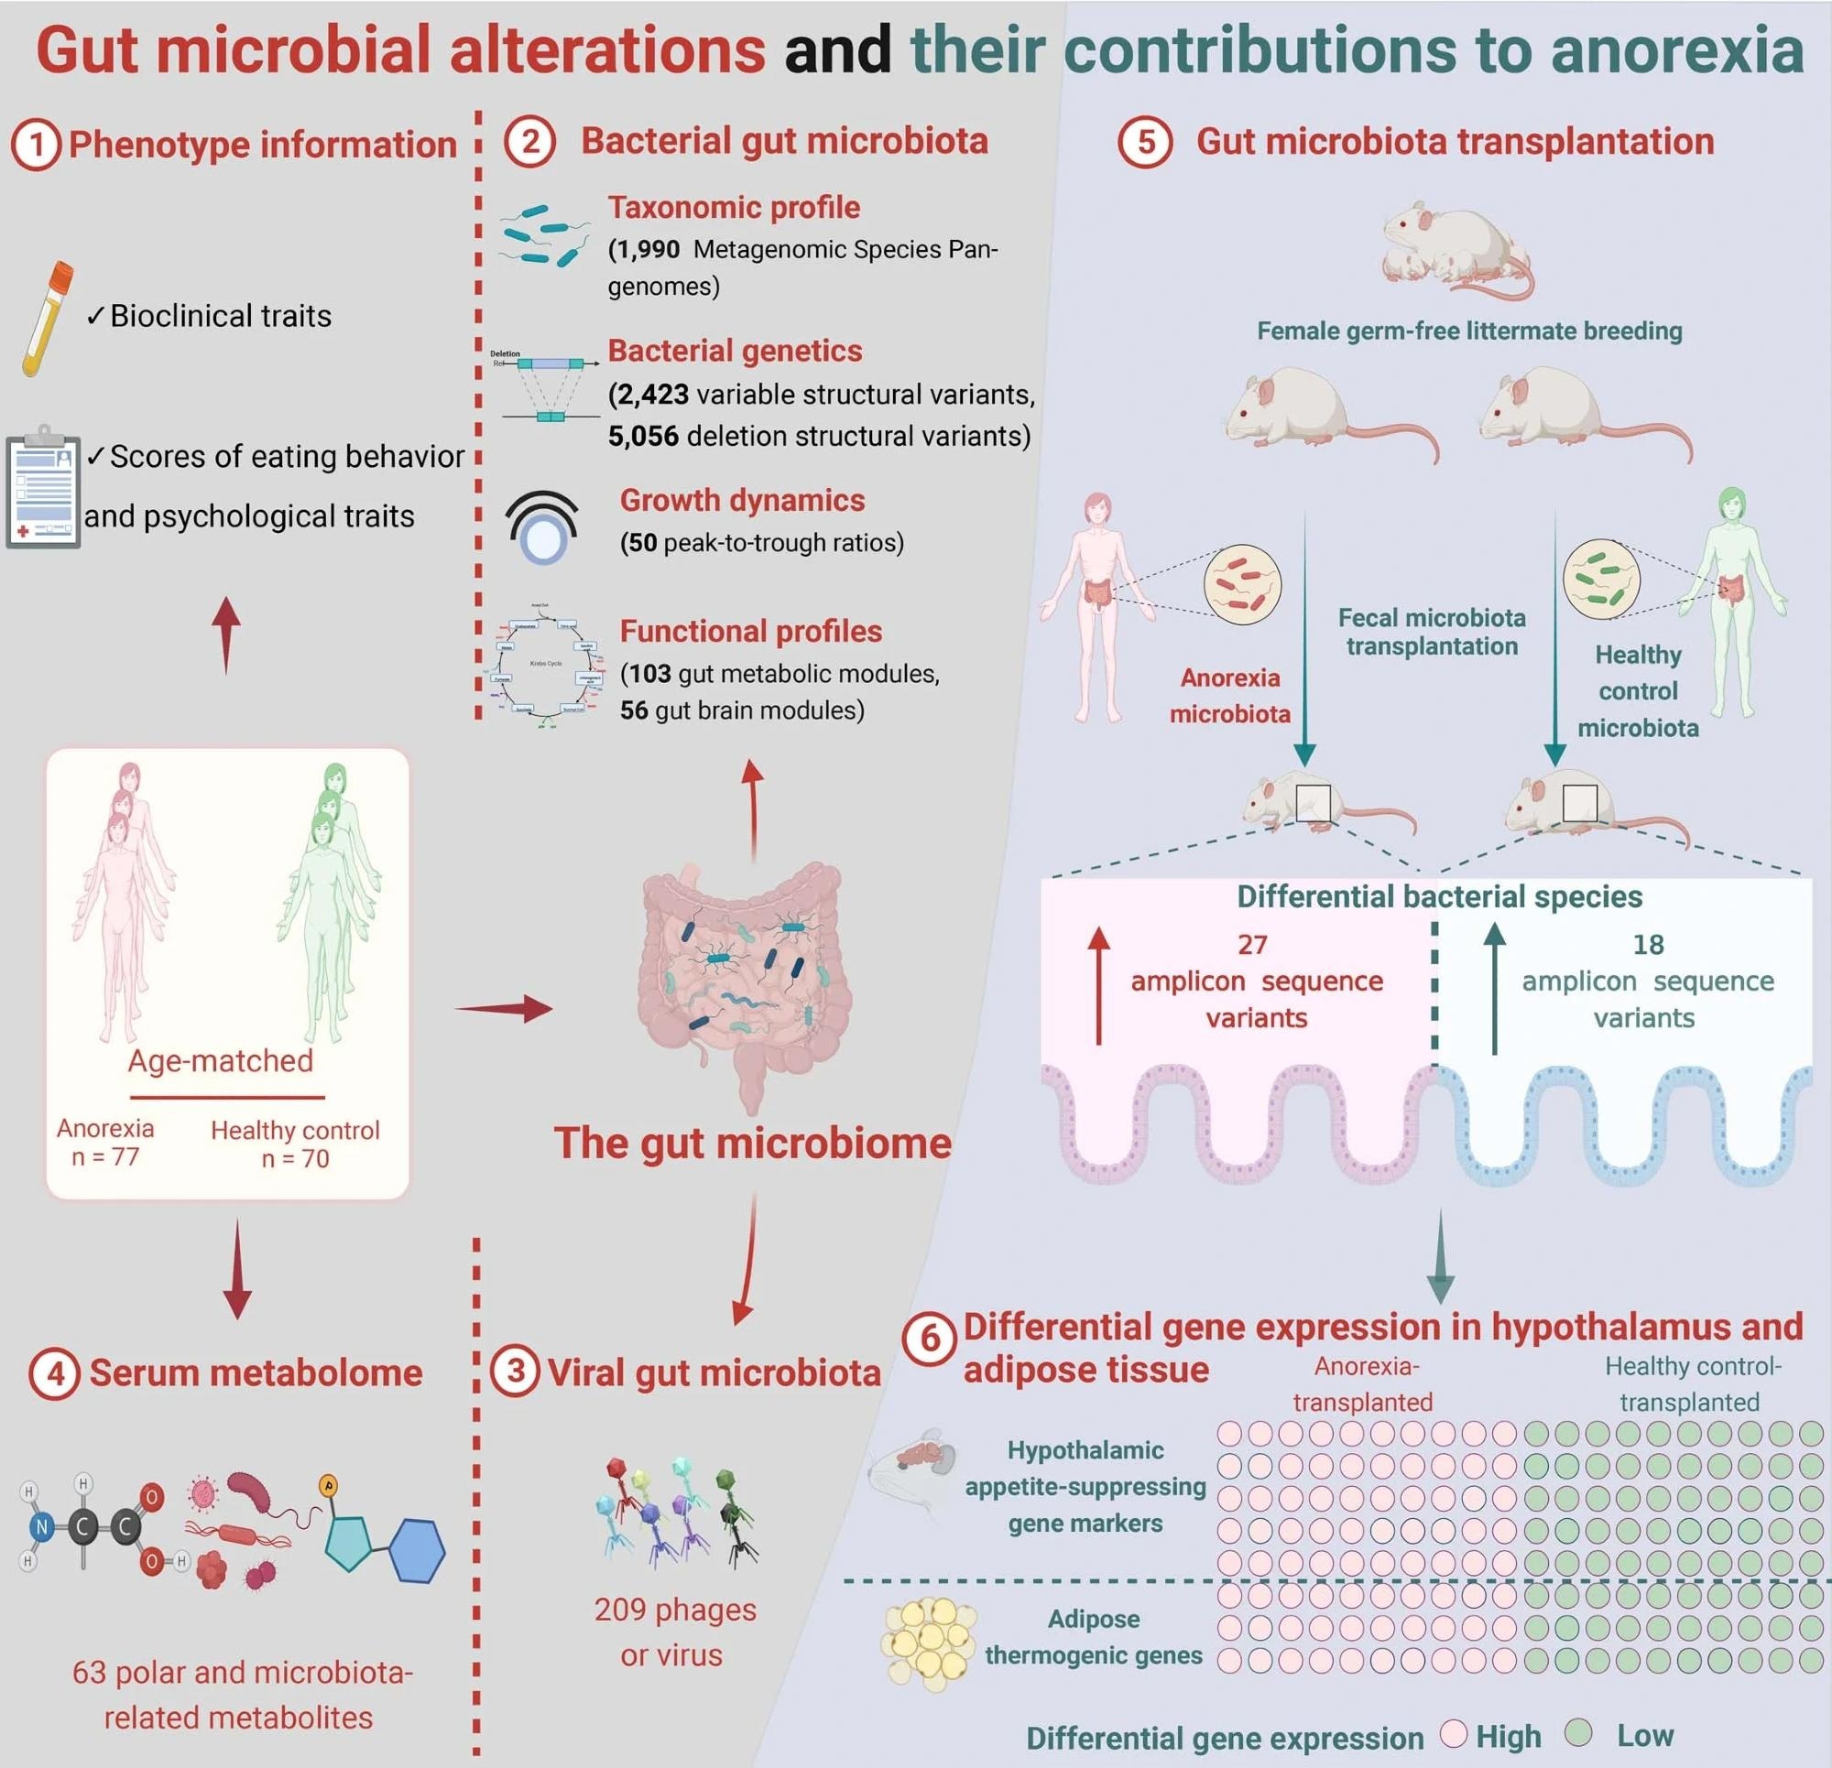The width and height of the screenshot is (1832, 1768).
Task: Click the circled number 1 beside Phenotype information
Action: coord(36,146)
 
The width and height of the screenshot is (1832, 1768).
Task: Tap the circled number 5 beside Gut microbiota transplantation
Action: coord(1145,142)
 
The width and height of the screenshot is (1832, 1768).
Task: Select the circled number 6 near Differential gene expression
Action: coord(930,1339)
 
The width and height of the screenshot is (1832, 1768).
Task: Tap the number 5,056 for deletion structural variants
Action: coord(643,437)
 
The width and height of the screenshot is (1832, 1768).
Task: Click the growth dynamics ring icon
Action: coord(542,528)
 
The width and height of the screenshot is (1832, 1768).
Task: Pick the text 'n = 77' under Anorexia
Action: coord(104,1157)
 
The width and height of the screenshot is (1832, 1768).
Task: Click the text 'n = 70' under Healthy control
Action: coord(295,1159)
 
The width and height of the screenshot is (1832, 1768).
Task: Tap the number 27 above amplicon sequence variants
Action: coord(1252,945)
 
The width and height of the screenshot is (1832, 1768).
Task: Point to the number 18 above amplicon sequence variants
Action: coord(1648,945)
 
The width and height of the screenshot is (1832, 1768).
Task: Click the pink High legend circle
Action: coord(1453,1733)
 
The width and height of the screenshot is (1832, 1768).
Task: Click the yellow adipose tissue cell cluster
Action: coord(929,1643)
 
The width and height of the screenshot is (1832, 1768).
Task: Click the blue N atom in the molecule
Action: coord(41,1528)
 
